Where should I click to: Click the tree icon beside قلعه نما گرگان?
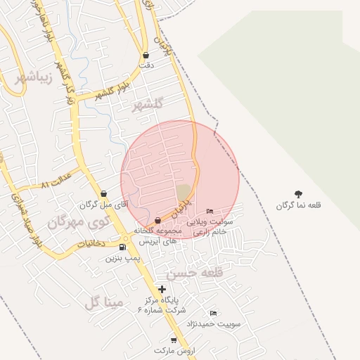pos(299,193)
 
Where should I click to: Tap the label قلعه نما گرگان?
pos(299,205)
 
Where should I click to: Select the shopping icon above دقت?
pos(146,55)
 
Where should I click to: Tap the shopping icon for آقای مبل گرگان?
pos(104,193)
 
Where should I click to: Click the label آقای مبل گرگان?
pos(96,205)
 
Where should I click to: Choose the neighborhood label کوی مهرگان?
pos(79,222)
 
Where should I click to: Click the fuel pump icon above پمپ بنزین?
pos(124,247)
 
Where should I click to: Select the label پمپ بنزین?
pos(123,258)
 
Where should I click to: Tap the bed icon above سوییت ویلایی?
pos(210,212)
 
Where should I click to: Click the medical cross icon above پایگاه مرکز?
pos(162,289)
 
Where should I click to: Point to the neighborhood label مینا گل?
pos(104,302)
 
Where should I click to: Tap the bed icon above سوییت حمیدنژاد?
pos(214,313)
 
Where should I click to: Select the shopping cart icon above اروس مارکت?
pos(174,340)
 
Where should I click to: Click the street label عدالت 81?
pos(56,184)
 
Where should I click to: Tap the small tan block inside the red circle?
pos(184,192)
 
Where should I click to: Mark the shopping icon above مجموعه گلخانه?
pos(157,221)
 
